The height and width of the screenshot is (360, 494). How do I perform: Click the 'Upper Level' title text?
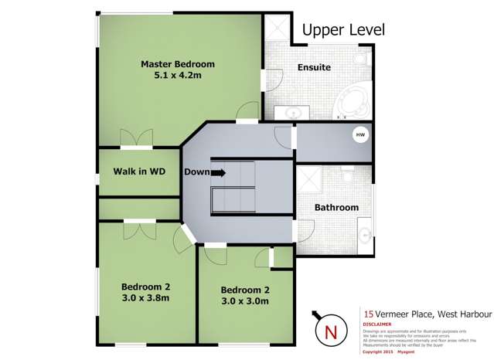(x=342, y=30)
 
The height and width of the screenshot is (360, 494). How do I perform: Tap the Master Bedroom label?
(x=177, y=64)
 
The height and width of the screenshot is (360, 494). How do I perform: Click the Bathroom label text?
(x=336, y=208)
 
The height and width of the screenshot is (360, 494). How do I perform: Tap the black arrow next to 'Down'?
(x=219, y=173)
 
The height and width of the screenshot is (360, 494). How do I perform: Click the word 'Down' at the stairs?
(x=196, y=172)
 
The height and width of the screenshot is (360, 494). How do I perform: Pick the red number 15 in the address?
(x=369, y=314)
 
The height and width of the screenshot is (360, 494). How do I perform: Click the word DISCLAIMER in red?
(x=377, y=324)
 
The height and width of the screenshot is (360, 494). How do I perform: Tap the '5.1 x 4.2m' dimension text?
(x=177, y=77)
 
